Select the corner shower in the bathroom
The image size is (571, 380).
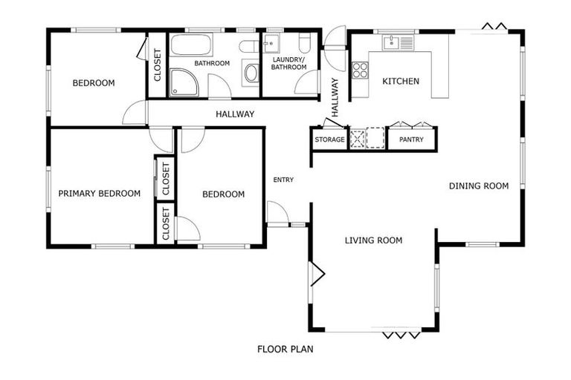184,83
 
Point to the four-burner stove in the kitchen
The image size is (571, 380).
360,71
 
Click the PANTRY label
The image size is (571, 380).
411,140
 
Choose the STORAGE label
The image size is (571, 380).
329,140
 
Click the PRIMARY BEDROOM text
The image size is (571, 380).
99,194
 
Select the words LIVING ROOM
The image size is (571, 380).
373,240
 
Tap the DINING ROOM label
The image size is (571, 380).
479,186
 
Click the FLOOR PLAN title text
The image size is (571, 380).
285,349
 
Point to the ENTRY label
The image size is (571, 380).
283,180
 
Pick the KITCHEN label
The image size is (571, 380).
401,82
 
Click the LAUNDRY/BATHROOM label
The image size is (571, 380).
289,63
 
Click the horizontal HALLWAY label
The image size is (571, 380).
235,114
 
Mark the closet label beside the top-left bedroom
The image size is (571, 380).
158,65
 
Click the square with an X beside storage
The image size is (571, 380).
358,139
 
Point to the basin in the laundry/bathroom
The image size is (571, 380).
273,42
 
